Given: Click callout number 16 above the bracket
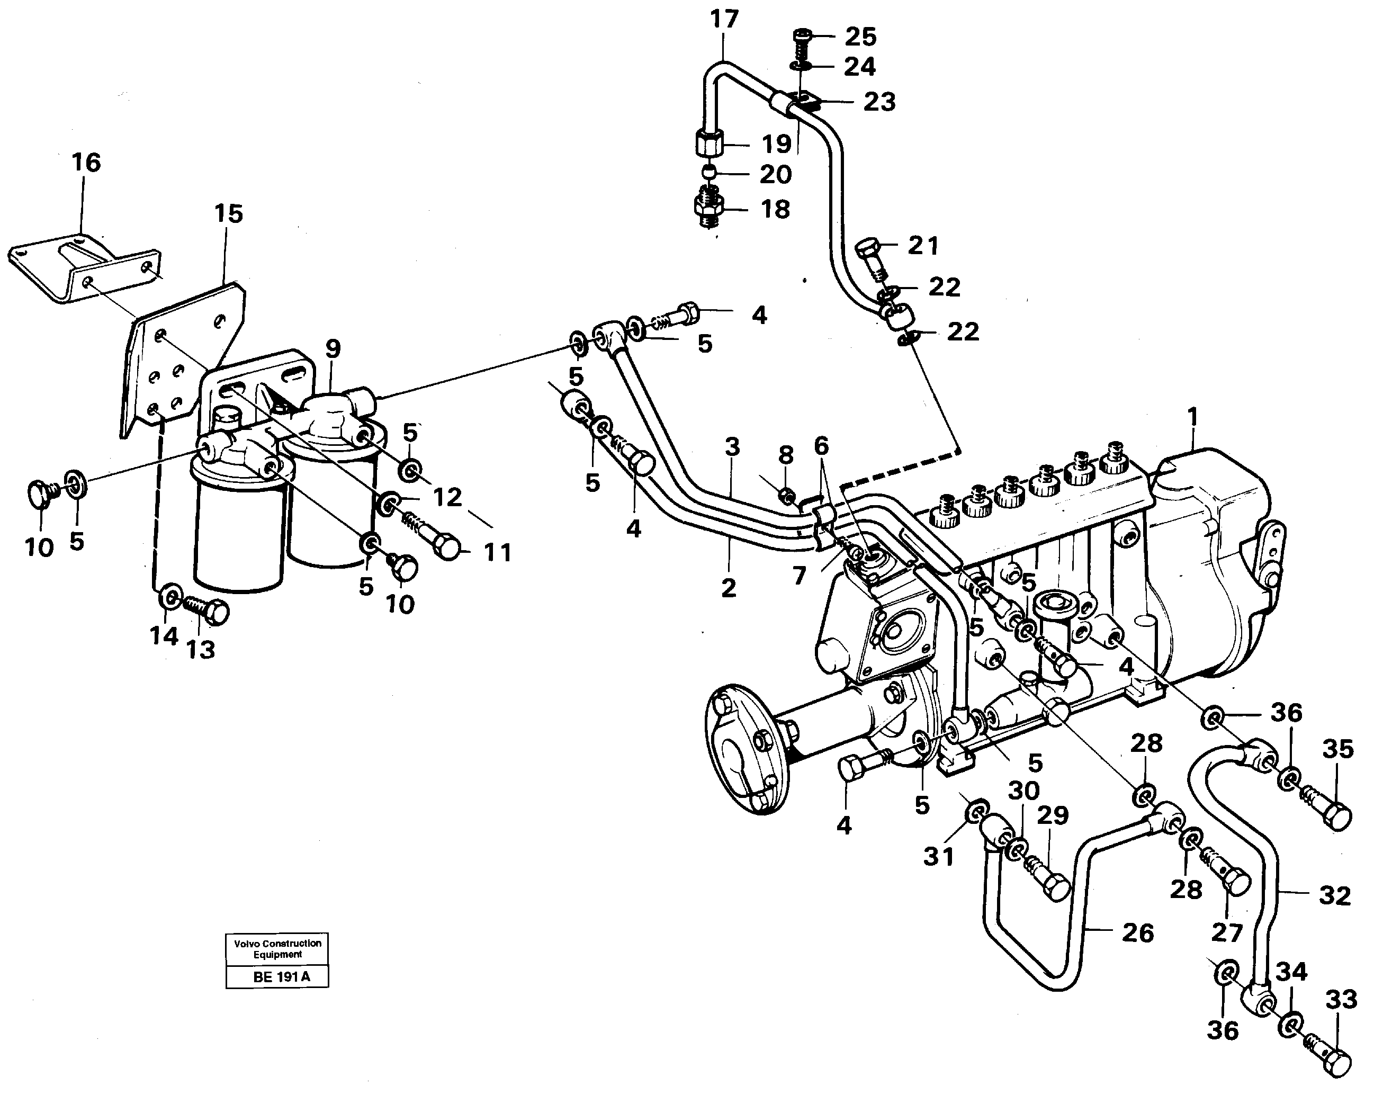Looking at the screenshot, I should tap(86, 163).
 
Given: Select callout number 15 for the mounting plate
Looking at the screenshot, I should tap(228, 213).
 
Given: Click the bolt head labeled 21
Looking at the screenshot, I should tap(868, 248).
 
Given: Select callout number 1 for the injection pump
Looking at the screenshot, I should tap(1192, 417).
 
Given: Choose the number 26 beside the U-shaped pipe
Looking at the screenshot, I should tap(1137, 933).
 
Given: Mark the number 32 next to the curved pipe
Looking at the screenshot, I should tap(1334, 895).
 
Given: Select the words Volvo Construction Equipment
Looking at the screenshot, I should tap(277, 948).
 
